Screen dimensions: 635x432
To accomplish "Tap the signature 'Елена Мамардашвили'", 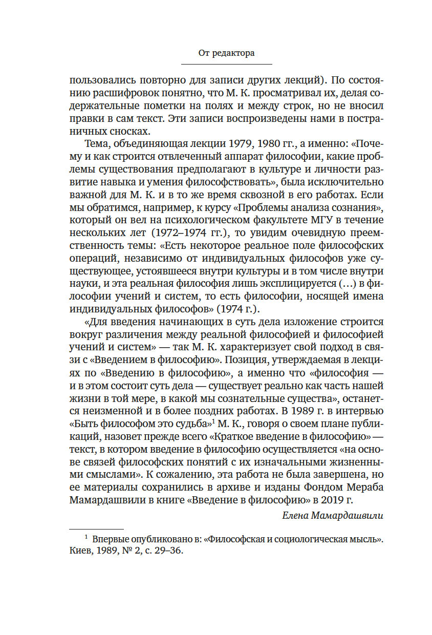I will pyautogui.click(x=333, y=516).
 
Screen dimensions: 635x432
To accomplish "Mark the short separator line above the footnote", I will pyautogui.click(x=96, y=529).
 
